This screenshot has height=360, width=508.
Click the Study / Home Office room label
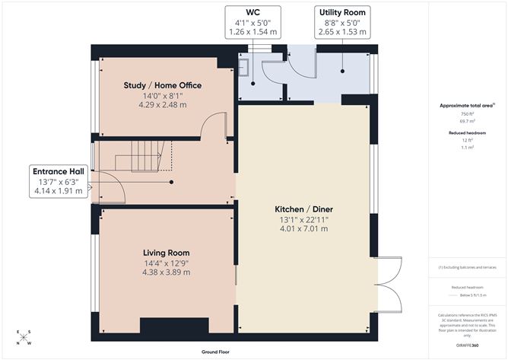coord(162,85)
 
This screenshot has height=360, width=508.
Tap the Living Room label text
coord(167,253)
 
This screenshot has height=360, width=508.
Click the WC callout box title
coord(253,12)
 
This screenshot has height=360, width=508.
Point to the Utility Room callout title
coord(341,12)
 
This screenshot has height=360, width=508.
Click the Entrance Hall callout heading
coord(58,170)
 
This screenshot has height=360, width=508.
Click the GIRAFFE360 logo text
coord(466,345)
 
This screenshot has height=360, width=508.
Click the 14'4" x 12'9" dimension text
coord(167,263)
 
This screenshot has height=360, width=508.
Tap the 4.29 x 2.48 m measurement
coord(162,106)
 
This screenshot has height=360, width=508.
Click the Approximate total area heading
coord(466,105)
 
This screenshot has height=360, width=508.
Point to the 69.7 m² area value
coord(466,120)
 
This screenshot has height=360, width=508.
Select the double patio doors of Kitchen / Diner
coord(386,285)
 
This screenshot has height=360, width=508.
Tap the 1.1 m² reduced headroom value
coord(466,147)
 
